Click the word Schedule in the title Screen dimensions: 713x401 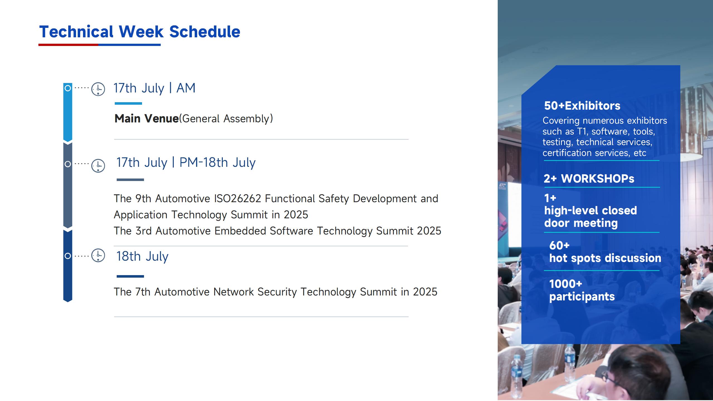tap(205, 31)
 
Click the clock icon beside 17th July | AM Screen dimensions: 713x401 tap(98, 89)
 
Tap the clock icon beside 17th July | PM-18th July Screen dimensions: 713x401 tap(98, 166)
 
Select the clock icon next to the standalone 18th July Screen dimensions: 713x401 tap(98, 255)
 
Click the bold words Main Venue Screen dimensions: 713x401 tap(146, 119)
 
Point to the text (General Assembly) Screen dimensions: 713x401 tap(226, 119)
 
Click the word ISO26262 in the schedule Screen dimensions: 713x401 tap(238, 199)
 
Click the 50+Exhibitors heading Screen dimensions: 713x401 tap(582, 106)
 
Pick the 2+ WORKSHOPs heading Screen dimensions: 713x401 tap(589, 179)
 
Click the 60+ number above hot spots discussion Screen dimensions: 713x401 tap(559, 245)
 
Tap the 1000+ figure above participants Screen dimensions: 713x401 tap(566, 284)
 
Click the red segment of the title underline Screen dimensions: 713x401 tap(68, 45)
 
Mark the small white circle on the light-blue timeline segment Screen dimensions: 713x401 tap(68, 88)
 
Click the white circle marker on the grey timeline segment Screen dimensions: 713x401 tap(68, 164)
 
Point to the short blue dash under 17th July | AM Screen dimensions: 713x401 tap(128, 103)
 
